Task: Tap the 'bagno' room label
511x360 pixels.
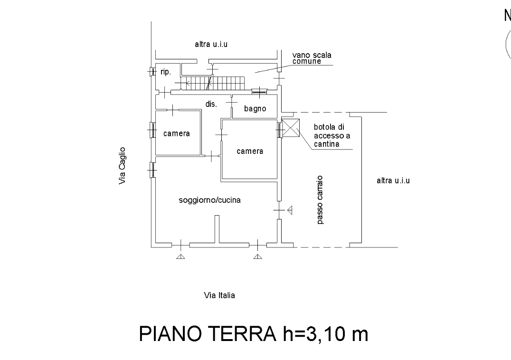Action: (x=255, y=109)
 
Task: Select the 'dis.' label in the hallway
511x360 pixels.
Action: (x=211, y=104)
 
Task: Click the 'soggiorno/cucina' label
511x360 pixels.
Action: (x=209, y=200)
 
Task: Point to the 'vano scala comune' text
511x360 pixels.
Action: (x=312, y=58)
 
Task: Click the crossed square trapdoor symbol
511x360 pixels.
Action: (x=290, y=128)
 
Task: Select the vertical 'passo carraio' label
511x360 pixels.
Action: (x=321, y=199)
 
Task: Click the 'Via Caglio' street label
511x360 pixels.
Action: (x=123, y=165)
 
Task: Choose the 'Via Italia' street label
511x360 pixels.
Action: (x=219, y=295)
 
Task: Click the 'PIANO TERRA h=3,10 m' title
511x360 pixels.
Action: (x=253, y=334)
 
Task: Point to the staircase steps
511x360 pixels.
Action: (x=214, y=83)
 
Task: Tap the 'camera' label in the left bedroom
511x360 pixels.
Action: (x=177, y=133)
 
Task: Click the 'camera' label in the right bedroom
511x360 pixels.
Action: (x=250, y=151)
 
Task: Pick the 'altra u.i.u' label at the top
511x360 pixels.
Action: (x=211, y=45)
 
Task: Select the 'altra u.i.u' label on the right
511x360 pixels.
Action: (x=393, y=180)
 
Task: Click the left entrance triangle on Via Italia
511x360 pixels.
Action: (x=180, y=257)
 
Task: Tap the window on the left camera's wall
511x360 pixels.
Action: (x=152, y=129)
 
